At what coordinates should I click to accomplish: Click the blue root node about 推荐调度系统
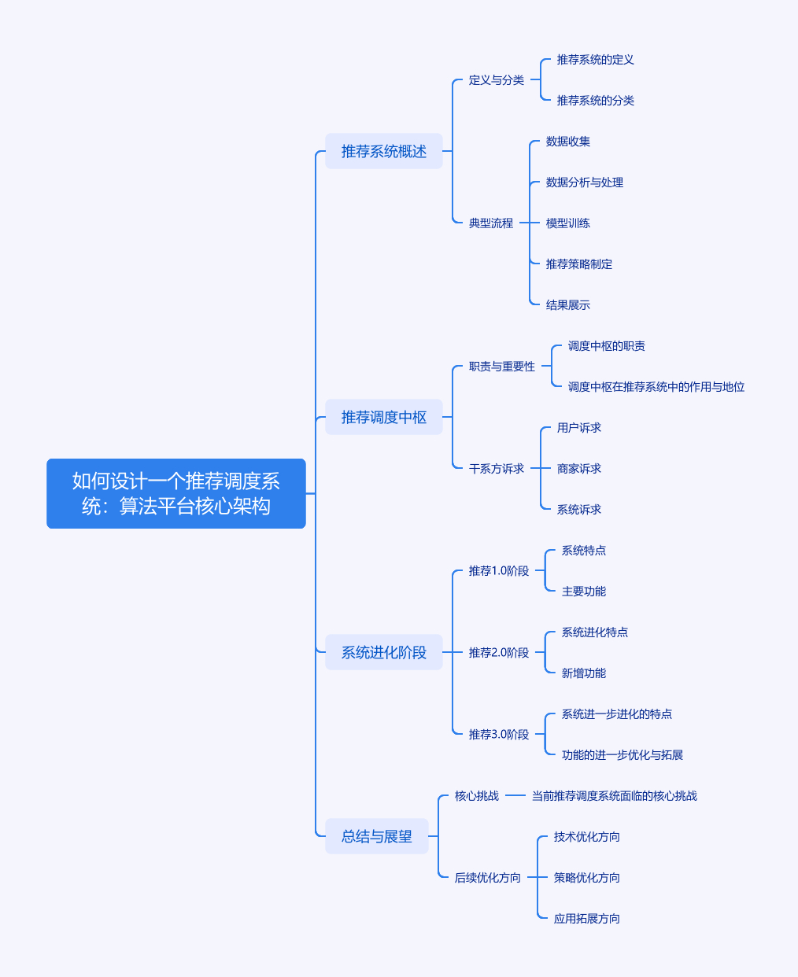pos(175,493)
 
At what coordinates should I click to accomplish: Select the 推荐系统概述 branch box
pos(383,151)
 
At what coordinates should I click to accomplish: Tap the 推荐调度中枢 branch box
pos(383,417)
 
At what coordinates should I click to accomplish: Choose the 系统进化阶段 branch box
pos(383,652)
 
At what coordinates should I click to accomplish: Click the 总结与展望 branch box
pos(376,836)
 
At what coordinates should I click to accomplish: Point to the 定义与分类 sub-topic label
pos(496,80)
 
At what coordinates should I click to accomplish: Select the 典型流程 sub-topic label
pos(490,223)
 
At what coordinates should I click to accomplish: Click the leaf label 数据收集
pos(567,142)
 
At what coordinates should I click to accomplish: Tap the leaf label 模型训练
pos(567,223)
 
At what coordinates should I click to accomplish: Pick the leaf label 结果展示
pos(567,305)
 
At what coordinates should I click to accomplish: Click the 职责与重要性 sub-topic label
pos(501,367)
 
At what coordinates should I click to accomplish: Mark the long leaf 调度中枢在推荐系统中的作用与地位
pos(656,387)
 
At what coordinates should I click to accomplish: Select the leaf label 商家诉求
pos(578,469)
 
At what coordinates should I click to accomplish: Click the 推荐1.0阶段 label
pos(498,571)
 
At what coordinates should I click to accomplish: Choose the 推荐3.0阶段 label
pos(498,735)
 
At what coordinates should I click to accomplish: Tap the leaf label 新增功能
pos(583,673)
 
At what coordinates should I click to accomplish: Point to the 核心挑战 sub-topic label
pos(476,796)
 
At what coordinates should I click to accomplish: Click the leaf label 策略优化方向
pos(586,878)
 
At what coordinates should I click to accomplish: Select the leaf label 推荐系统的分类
pos(595,101)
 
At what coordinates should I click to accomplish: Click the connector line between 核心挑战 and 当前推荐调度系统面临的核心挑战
pos(515,796)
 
